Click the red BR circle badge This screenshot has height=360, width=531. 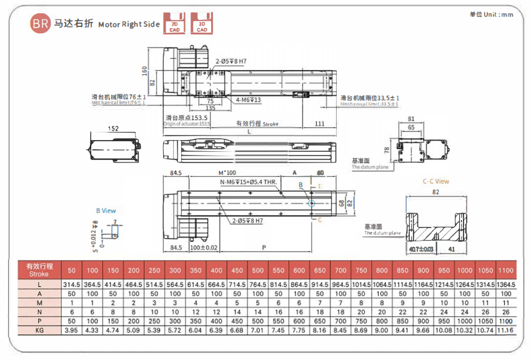[39, 24]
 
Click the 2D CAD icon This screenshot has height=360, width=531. [173, 23]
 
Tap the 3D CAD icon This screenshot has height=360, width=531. [202, 23]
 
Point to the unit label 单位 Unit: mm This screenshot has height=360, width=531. [491, 14]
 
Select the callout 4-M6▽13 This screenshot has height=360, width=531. [248, 100]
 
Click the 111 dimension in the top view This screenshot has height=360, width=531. [320, 124]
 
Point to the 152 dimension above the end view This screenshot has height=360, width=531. [112, 129]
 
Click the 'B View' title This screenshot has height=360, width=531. [106, 211]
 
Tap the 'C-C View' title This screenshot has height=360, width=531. [435, 181]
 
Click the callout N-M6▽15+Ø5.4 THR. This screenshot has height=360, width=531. [248, 182]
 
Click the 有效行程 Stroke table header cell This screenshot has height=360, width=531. [39, 269]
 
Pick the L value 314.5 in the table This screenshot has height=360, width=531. [71, 285]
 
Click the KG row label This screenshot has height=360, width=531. [39, 329]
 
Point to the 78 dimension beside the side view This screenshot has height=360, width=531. [387, 150]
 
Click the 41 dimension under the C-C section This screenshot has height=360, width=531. [450, 250]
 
